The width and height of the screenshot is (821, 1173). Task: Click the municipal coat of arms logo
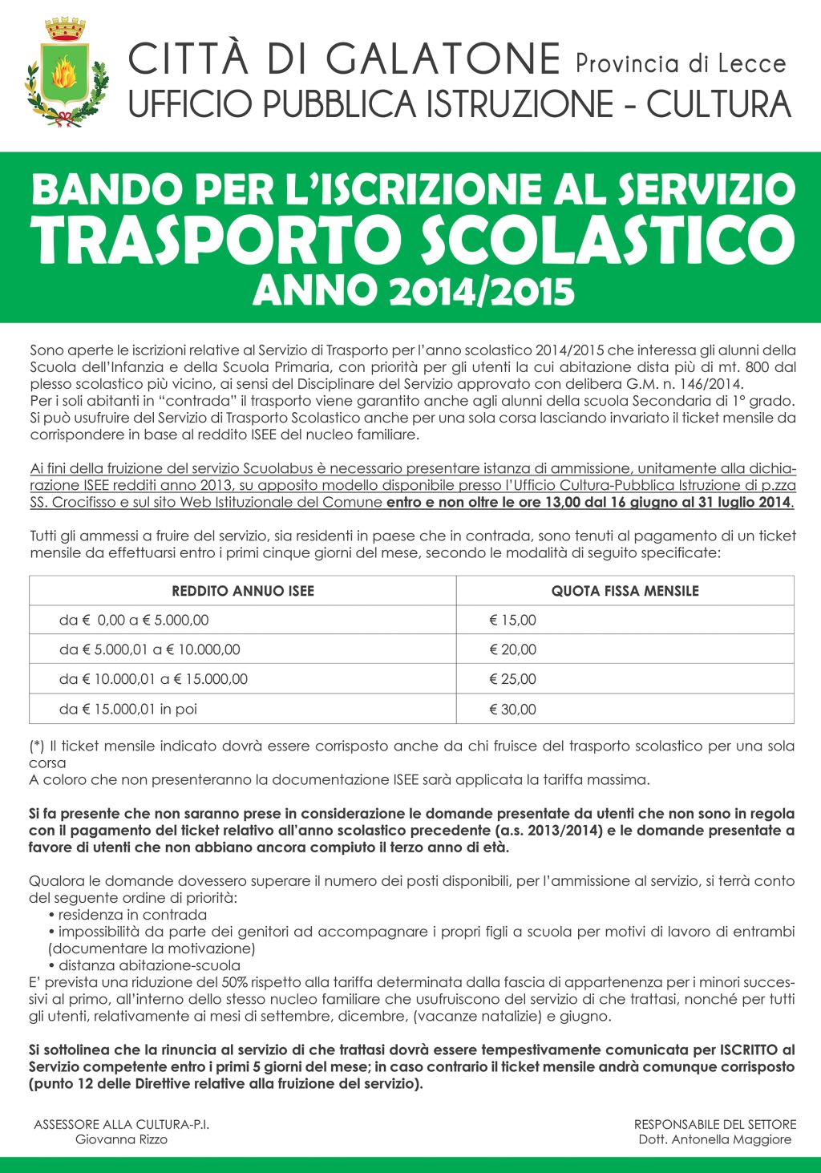tap(67, 73)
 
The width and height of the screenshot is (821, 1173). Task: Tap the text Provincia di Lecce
tap(681, 63)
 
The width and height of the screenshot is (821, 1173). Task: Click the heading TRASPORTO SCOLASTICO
tap(413, 238)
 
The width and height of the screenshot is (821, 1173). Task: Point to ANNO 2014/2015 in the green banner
tap(414, 291)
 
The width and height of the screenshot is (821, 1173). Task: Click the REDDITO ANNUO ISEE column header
tap(243, 591)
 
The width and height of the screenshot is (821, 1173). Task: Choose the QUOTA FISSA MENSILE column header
tap(625, 591)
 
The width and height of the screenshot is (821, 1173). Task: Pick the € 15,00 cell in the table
tap(513, 620)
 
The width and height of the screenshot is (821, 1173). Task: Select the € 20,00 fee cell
tap(513, 649)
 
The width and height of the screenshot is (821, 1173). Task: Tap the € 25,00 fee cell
tap(513, 679)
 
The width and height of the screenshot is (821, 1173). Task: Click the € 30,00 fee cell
tap(513, 710)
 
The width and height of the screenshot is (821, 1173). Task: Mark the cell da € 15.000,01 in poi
tap(128, 709)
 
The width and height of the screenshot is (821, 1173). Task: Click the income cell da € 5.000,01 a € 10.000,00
tap(150, 649)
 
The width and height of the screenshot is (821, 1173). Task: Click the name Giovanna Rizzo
tap(121, 1139)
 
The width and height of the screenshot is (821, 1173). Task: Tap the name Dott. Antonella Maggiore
tap(714, 1139)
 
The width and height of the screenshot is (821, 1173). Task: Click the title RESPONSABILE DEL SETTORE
tap(714, 1124)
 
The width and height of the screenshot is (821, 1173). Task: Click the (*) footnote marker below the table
tap(37, 746)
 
